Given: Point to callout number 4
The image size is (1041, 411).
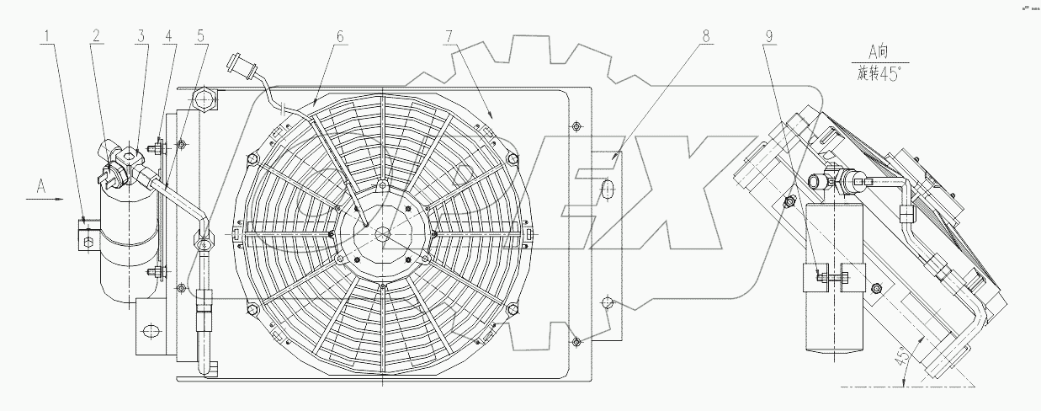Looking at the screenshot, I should point(170,36).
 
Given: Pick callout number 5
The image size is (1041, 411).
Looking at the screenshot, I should point(200,36).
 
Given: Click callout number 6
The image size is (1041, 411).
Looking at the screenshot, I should point(341,36).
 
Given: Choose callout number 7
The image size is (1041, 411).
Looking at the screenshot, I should point(450,36).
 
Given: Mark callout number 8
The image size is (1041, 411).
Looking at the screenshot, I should point(706,36).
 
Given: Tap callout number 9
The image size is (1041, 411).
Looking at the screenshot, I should point(768,36).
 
